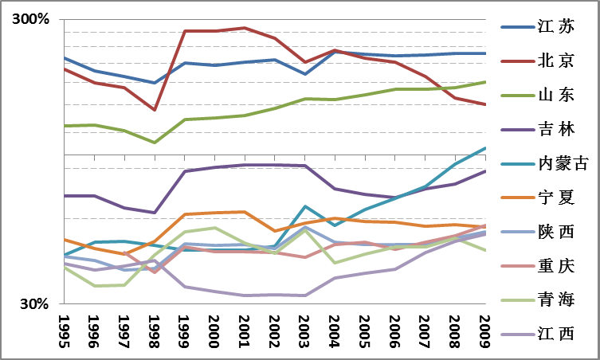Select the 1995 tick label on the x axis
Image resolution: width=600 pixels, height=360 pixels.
point(64,328)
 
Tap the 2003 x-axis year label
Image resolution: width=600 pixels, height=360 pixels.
point(304,328)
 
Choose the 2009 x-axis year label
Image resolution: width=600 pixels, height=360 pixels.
point(484,328)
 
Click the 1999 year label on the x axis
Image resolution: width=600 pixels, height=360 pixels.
point(184,328)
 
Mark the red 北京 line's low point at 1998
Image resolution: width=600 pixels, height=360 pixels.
point(155,110)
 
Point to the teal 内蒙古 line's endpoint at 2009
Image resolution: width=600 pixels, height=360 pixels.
point(485,147)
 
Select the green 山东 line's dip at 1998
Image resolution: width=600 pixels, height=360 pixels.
point(155,143)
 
